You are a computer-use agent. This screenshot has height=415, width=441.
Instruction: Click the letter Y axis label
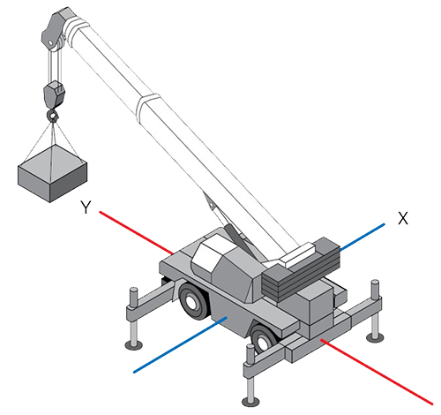[86, 207]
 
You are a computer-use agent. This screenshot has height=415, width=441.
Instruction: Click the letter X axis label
[403, 218]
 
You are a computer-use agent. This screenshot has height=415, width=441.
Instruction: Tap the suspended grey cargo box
[52, 174]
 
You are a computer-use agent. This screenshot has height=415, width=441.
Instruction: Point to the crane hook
[53, 115]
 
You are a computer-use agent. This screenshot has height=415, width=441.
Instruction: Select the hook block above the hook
[55, 94]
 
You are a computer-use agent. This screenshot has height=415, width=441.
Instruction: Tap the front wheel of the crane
[193, 300]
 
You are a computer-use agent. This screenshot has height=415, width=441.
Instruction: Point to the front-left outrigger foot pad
[134, 345]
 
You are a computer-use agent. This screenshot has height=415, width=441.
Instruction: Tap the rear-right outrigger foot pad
[375, 336]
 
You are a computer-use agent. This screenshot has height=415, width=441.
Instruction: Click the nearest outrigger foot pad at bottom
[250, 402]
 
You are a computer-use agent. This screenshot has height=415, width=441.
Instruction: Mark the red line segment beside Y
[136, 232]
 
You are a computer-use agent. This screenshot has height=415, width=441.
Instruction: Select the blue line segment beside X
[363, 238]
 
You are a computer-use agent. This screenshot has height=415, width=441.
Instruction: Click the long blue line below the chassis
[180, 344]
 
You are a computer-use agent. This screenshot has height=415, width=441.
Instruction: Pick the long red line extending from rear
[377, 372]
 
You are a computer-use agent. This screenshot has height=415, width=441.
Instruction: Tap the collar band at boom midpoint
[148, 107]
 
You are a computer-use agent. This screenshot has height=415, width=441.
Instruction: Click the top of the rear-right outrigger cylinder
[375, 283]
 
